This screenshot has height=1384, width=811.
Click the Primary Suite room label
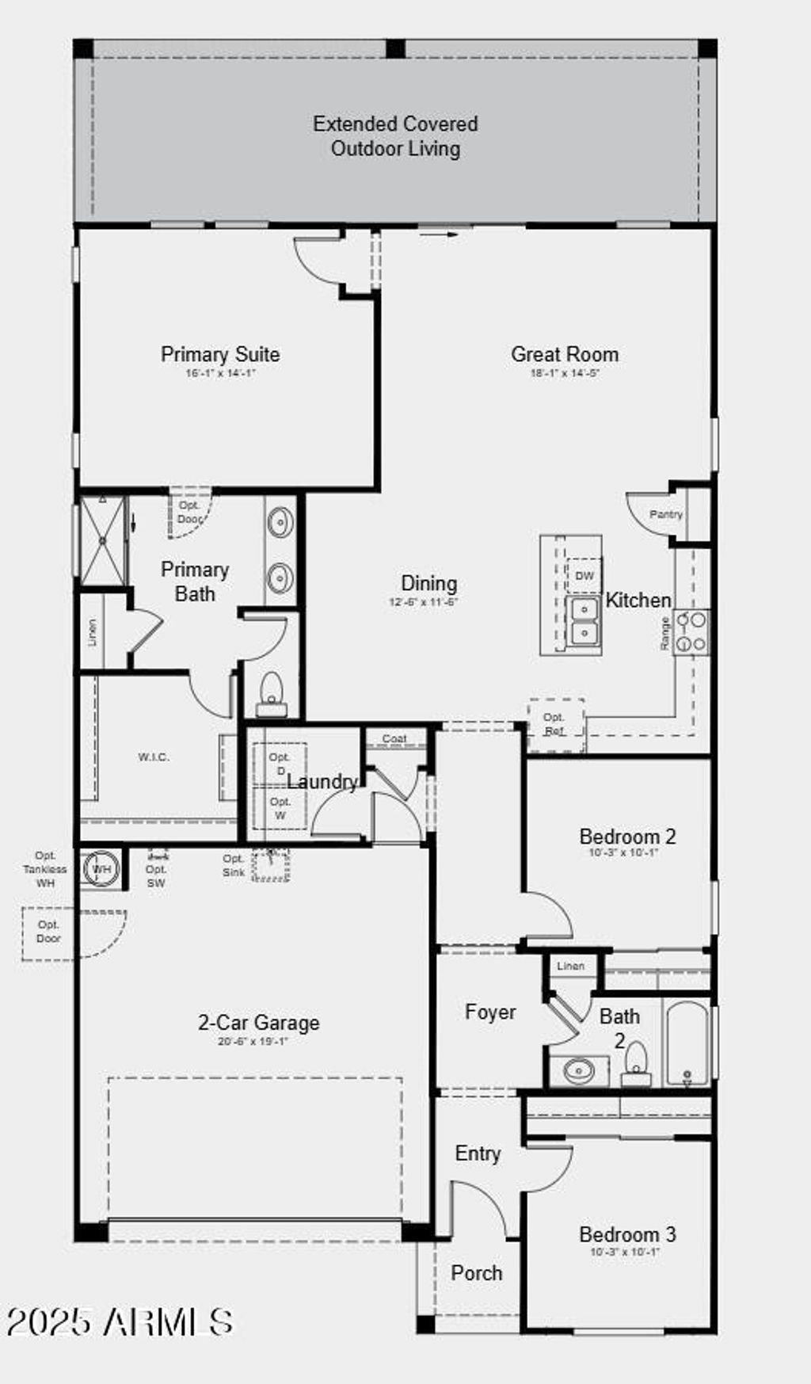point(220,354)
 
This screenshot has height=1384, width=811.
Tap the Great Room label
point(564,354)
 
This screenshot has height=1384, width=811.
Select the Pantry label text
point(665,514)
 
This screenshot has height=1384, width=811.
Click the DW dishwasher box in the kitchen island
point(584,576)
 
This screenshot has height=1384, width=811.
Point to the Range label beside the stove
point(665,633)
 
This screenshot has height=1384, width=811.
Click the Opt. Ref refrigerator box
point(555,724)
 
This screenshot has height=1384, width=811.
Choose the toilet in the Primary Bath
point(272,692)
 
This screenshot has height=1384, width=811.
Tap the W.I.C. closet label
point(154,757)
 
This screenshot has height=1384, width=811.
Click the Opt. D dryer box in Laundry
point(280,764)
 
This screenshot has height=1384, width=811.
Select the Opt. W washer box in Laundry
point(280,808)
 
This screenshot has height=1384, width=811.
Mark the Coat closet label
point(394,738)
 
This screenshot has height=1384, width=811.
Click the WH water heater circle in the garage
point(101,869)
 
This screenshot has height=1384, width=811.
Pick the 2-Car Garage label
point(258,1023)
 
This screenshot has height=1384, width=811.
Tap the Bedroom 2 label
point(627,837)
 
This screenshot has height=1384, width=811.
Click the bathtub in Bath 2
point(687,1044)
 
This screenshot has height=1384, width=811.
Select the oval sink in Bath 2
point(579,1071)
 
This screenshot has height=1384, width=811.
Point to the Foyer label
point(490,1012)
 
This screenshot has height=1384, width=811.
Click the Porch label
point(477,1273)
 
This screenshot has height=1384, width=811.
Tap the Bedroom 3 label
point(627,1234)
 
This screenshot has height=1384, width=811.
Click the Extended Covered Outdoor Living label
point(395,135)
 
